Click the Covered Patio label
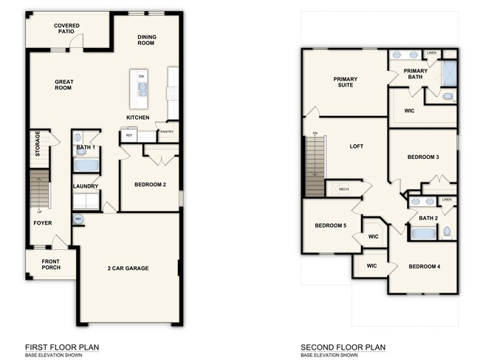coord(66,29)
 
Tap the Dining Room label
coord(148,39)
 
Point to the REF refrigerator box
coord(128,135)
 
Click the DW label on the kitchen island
coord(140,75)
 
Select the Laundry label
coord(86,186)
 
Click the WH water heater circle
coord(78,219)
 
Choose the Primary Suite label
coord(345,82)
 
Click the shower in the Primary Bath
coord(449,71)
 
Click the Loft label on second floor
coord(357,146)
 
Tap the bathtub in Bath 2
coord(424,234)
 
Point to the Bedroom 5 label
coord(331,225)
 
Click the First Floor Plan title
coord(62,347)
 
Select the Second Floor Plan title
coord(343,347)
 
